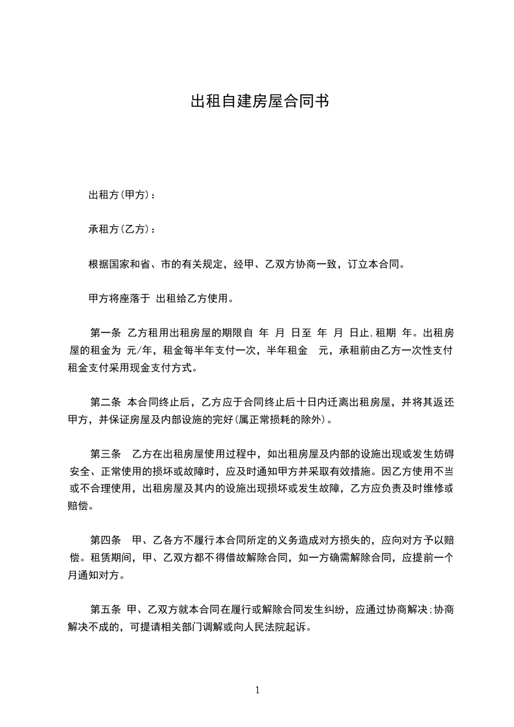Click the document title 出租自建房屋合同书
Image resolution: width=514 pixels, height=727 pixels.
pyautogui.click(x=257, y=102)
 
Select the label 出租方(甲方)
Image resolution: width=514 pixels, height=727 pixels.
pyautogui.click(x=119, y=195)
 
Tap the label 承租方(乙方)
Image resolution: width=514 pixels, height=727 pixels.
pyautogui.click(x=119, y=229)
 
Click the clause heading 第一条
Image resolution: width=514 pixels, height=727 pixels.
pyautogui.click(x=106, y=334)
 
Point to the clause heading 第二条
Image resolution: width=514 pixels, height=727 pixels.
pyautogui.click(x=106, y=402)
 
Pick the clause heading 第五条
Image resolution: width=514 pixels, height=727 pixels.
pyautogui.click(x=106, y=609)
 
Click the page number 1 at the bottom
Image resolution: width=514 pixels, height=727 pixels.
pyautogui.click(x=257, y=690)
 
